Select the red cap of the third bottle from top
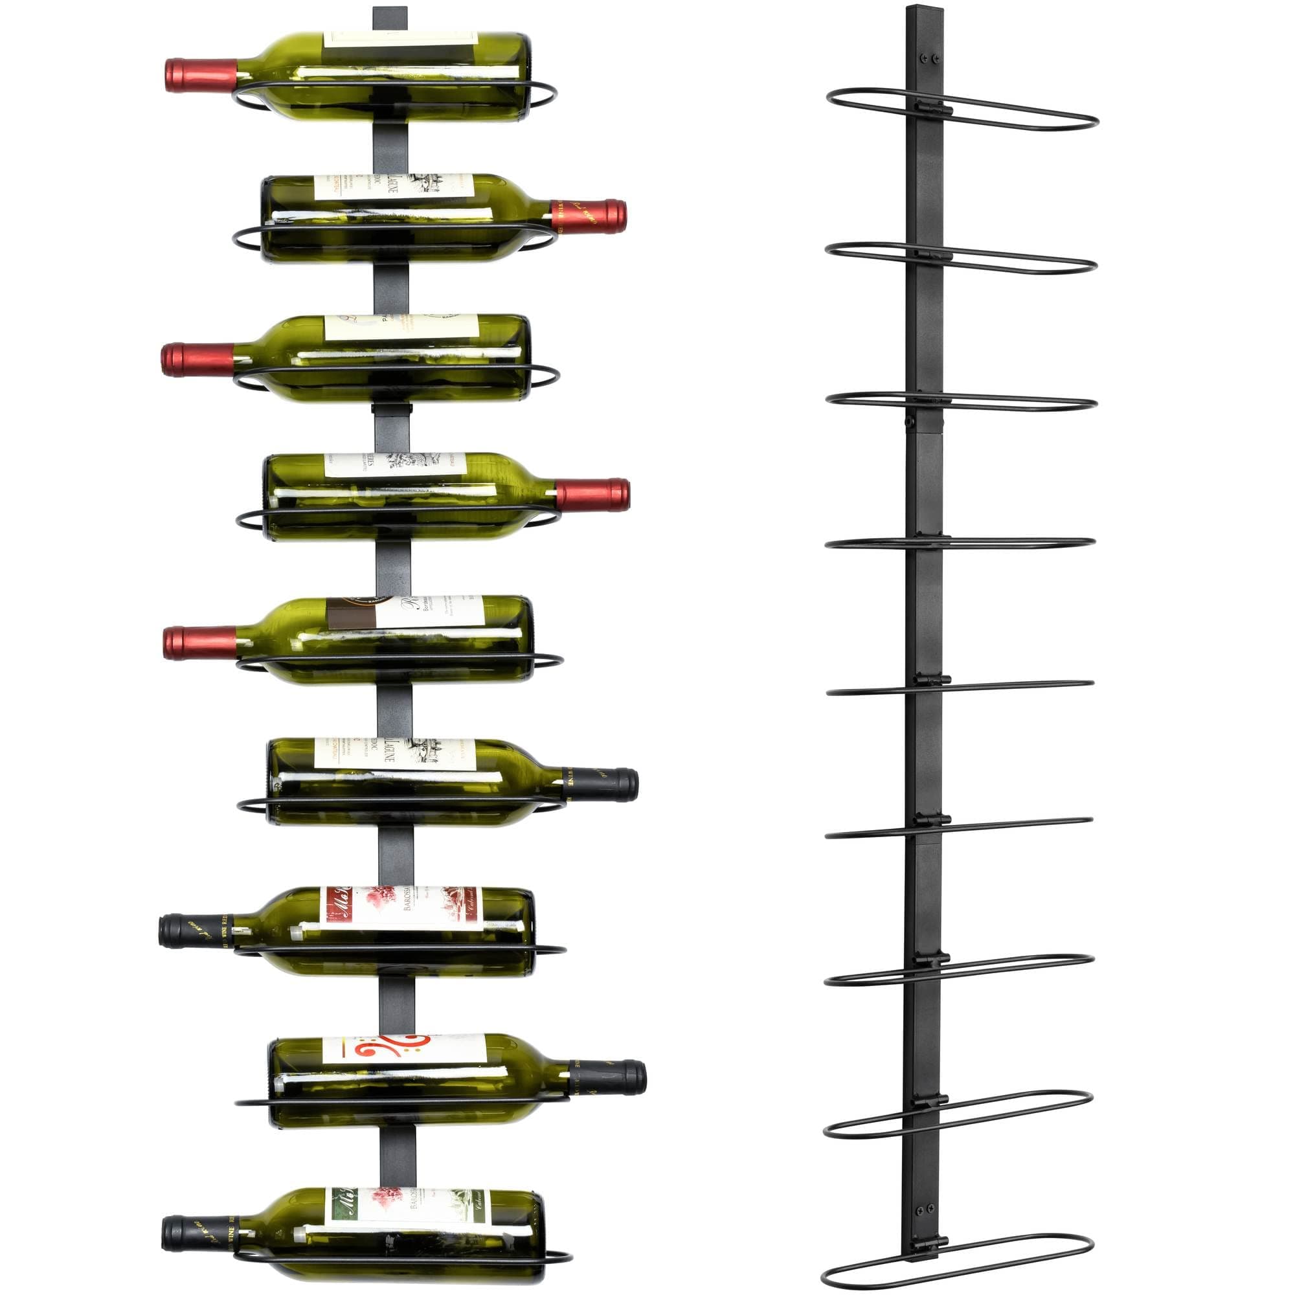coord(197,359)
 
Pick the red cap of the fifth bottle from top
coord(199,643)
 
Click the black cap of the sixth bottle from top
coord(602,784)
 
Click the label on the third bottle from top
coord(402,328)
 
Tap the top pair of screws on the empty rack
coord(929,58)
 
